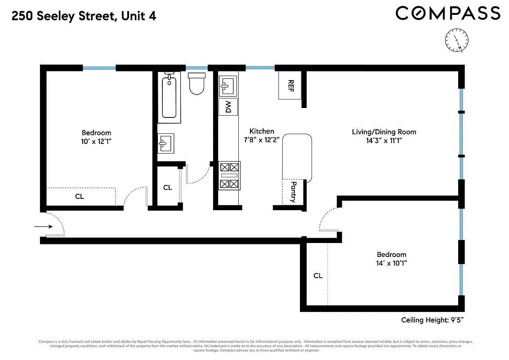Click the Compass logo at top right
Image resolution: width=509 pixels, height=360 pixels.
pos(447,13)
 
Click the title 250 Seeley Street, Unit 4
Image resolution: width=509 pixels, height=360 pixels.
pos(84,17)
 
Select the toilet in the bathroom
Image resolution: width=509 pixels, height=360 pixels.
pos(196,84)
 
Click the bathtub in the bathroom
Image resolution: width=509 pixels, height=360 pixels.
pos(169,97)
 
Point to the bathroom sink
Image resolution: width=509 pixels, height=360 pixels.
pos(165,144)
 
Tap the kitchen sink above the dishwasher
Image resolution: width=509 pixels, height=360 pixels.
pos(228,86)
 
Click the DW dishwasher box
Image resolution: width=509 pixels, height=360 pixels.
pos(228,107)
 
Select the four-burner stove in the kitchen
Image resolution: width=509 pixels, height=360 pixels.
pos(229,175)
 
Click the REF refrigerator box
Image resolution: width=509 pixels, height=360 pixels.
pos(290,85)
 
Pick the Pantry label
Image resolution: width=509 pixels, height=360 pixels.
pos(293,192)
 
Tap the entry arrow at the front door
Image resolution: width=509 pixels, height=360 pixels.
pos(43,227)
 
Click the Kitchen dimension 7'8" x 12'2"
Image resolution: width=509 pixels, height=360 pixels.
pos(262,140)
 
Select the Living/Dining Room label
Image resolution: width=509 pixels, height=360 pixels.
pos(384,132)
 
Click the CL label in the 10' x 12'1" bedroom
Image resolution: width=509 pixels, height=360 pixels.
pos(80,197)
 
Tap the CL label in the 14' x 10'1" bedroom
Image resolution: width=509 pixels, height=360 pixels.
pos(318,275)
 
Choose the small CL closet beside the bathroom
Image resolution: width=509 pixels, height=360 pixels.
pos(167,187)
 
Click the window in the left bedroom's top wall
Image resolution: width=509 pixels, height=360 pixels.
pos(99,68)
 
